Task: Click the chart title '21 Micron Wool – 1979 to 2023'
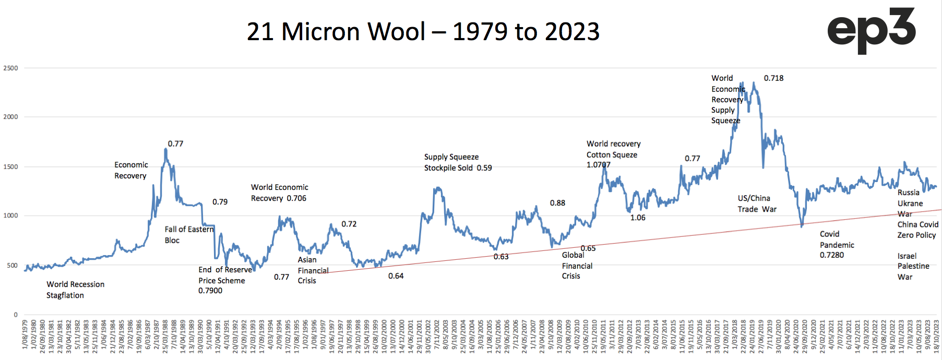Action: [x=423, y=31]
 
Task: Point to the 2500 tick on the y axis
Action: [x=10, y=68]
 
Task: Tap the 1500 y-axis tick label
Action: [x=10, y=166]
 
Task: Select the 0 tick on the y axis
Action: [x=16, y=315]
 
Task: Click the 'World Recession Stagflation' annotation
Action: [x=75, y=290]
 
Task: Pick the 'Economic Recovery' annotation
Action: [x=131, y=170]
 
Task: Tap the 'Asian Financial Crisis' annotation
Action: [x=313, y=270]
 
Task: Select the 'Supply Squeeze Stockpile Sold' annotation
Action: [x=451, y=162]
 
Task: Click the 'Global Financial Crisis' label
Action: [x=577, y=266]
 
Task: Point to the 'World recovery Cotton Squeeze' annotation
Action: [x=613, y=149]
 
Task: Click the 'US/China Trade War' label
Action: [x=757, y=203]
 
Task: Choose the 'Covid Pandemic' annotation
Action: [x=837, y=239]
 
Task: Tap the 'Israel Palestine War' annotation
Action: [x=913, y=266]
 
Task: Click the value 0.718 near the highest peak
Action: [x=773, y=78]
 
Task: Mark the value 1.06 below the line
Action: [x=638, y=218]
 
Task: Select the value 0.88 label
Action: [x=557, y=203]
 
